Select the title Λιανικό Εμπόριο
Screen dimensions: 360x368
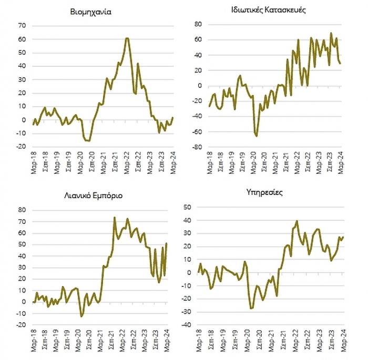point(92,196)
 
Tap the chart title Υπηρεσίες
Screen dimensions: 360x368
point(268,192)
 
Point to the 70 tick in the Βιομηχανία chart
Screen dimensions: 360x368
point(22,25)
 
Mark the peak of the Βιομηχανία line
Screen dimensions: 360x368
point(127,38)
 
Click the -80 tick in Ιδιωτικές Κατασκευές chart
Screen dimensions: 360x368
point(196,148)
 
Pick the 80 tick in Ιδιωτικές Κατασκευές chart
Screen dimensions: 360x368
point(198,24)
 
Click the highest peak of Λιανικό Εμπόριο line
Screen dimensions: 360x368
point(115,217)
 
